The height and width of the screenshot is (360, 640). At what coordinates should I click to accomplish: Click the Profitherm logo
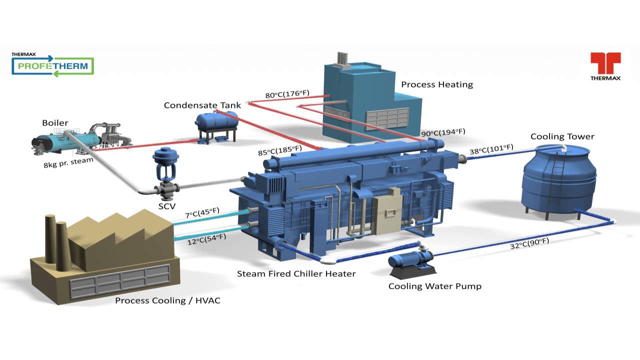pyautogui.click(x=53, y=64)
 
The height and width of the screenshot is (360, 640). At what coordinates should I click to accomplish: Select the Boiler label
pyautogui.click(x=55, y=123)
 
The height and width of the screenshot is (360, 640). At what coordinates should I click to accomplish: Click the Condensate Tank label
pyautogui.click(x=202, y=105)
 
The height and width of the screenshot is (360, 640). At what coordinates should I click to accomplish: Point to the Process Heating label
pyautogui.click(x=437, y=84)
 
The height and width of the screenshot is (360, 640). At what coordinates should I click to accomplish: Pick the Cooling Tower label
pyautogui.click(x=562, y=136)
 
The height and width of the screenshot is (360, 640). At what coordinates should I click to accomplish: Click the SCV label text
pyautogui.click(x=167, y=206)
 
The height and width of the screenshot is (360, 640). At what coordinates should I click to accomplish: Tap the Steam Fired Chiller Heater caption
pyautogui.click(x=296, y=273)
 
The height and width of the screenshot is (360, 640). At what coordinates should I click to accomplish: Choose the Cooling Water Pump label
pyautogui.click(x=435, y=286)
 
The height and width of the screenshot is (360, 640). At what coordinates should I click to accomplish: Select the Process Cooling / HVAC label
pyautogui.click(x=167, y=300)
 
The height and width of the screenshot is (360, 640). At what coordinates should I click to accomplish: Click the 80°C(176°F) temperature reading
pyautogui.click(x=287, y=94)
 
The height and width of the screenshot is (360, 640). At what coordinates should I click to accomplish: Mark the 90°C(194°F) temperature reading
pyautogui.click(x=443, y=132)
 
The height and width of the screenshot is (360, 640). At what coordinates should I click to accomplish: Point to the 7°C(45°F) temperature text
pyautogui.click(x=202, y=212)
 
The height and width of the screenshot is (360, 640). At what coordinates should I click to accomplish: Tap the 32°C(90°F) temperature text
pyautogui.click(x=529, y=243)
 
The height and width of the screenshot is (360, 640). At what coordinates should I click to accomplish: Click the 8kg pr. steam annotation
pyautogui.click(x=68, y=162)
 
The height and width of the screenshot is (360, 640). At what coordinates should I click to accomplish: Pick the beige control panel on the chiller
pyautogui.click(x=387, y=210)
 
